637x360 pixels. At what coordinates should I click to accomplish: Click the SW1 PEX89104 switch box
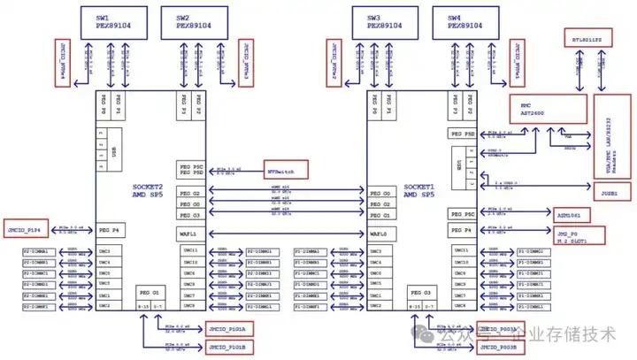click(112, 21)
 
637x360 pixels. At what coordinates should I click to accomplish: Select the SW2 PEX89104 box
click(194, 21)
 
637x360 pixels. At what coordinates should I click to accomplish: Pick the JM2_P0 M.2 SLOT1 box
click(579, 235)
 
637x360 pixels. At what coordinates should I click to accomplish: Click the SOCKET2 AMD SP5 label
click(148, 192)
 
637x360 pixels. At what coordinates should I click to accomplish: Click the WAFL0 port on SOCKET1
click(380, 234)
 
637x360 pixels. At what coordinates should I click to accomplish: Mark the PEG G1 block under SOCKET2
click(148, 293)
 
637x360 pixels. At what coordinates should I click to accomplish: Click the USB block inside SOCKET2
click(113, 149)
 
